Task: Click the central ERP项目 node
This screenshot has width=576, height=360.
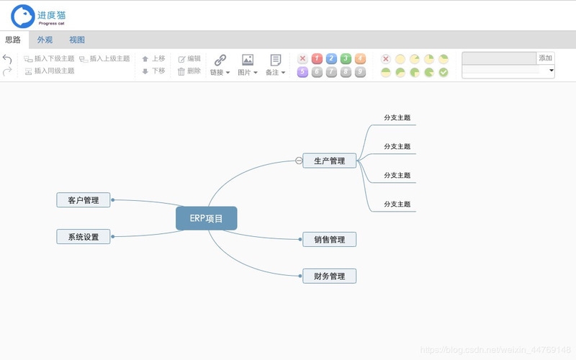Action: click(206, 219)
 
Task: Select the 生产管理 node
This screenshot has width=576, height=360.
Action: click(329, 161)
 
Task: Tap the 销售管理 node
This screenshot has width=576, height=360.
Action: click(329, 239)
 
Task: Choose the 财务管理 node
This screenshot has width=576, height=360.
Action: click(329, 276)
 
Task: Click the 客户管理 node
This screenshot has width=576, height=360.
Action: click(84, 200)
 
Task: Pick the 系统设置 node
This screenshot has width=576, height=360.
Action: click(84, 237)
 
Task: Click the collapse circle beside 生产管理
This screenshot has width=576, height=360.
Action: click(299, 161)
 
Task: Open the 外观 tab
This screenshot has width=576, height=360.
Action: click(45, 40)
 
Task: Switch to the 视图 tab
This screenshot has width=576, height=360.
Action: click(77, 40)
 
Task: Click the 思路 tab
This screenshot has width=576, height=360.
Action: click(13, 40)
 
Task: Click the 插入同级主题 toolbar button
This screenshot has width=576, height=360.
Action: click(50, 71)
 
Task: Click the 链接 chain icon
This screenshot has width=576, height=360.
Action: click(220, 60)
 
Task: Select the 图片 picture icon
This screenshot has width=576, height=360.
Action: click(248, 60)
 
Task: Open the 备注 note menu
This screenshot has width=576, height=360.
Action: click(276, 60)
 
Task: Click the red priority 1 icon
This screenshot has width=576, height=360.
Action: click(317, 59)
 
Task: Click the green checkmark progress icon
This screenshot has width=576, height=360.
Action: click(444, 72)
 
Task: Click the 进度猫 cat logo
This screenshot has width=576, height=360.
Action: click(23, 16)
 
